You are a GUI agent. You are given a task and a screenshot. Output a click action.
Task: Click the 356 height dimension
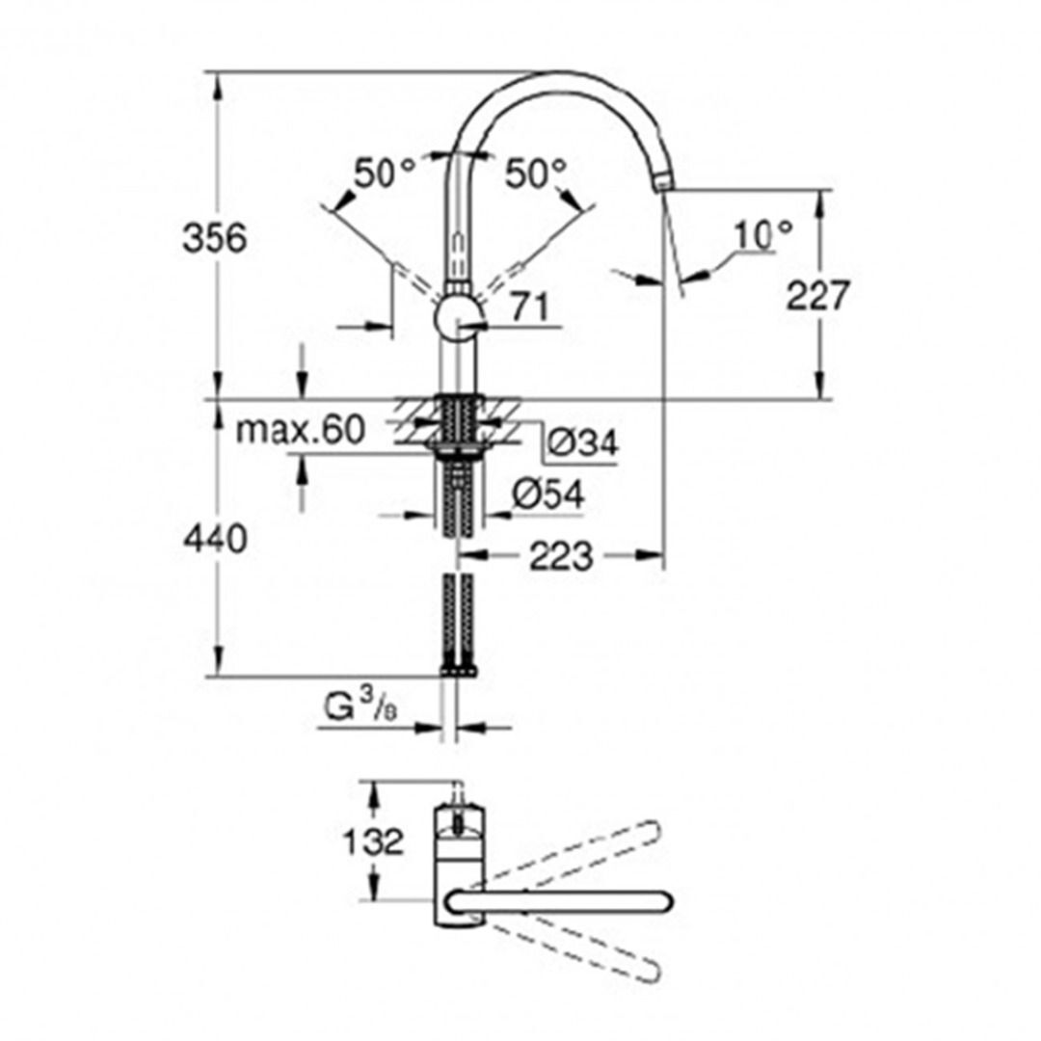coord(215,237)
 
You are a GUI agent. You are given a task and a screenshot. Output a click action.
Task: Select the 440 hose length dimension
coord(215,540)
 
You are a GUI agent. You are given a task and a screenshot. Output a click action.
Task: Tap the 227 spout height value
coord(817,296)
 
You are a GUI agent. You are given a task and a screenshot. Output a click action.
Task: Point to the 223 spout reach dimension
coord(561,555)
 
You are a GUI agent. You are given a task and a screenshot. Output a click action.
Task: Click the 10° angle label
coord(762,234)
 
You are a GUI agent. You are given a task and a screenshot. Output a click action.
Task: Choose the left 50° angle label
coord(384,173)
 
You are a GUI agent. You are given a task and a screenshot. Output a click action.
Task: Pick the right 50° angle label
coord(536,173)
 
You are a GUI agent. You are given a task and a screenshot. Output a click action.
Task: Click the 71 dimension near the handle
coord(529,308)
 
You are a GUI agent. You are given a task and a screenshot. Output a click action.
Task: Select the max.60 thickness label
coord(301,430)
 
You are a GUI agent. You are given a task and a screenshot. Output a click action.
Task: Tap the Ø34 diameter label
coord(582,442)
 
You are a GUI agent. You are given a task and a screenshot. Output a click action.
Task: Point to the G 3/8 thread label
coord(358,709)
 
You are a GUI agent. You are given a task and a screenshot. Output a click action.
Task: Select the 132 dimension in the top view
coord(373,841)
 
